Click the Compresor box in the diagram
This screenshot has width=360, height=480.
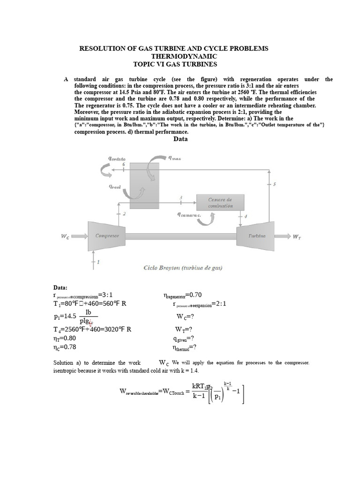[x=107, y=236]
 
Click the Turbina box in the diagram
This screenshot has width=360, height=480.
[x=257, y=236]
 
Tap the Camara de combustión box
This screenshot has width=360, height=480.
[x=220, y=203]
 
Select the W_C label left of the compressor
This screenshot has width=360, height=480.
[x=65, y=236]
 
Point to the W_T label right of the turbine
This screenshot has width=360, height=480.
[x=297, y=237]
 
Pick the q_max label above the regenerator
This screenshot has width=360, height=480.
[x=174, y=158]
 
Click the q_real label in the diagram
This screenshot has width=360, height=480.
[x=115, y=187]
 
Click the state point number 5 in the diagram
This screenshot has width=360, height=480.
[x=275, y=184]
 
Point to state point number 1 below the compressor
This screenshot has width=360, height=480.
[x=98, y=262]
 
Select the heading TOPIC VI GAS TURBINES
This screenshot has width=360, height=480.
[x=175, y=64]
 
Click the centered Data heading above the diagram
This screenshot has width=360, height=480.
[x=180, y=139]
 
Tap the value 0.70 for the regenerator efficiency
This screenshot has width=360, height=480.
[x=195, y=295]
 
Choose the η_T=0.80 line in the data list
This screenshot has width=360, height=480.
[x=65, y=338]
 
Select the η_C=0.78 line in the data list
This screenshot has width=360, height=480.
[x=65, y=347]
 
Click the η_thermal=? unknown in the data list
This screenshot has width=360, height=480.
[x=185, y=347]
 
